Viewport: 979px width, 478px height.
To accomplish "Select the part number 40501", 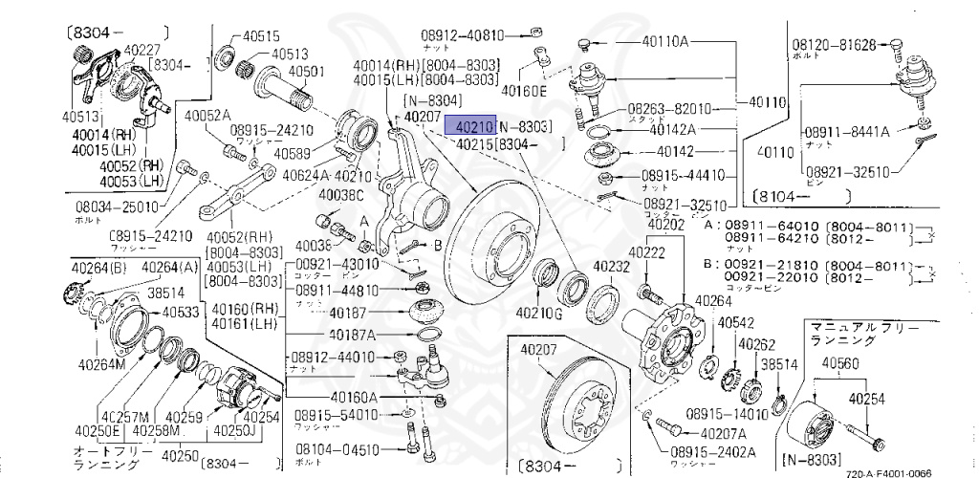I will pyautogui.click(x=307, y=71).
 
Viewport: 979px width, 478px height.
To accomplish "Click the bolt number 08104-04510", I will pyautogui.click(x=336, y=448).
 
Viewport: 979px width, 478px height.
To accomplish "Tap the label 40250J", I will pyautogui.click(x=260, y=430).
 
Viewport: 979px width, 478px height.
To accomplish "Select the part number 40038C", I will pyautogui.click(x=341, y=196).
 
